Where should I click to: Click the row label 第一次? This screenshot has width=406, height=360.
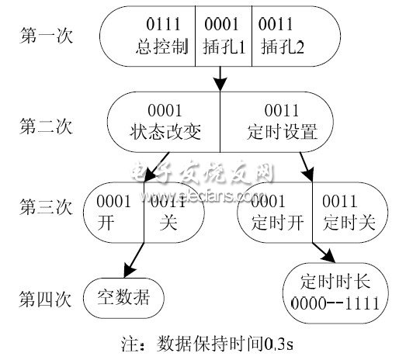[44, 37]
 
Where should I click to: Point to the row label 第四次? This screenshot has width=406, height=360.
[44, 295]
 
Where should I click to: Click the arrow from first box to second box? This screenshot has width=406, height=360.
[220, 78]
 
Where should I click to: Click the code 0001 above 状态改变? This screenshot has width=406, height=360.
[165, 111]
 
